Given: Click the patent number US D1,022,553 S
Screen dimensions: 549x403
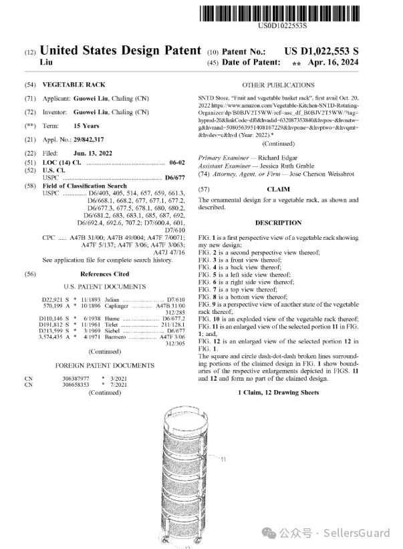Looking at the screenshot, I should click(x=321, y=51).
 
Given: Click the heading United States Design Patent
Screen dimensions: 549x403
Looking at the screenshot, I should click(x=120, y=51).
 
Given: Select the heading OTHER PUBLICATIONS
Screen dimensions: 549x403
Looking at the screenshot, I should click(x=278, y=85).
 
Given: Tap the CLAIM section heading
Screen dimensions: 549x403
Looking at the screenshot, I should click(x=278, y=189).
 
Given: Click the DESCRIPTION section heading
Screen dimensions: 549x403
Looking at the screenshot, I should click(x=278, y=222).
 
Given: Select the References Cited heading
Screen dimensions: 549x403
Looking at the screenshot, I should click(x=105, y=274).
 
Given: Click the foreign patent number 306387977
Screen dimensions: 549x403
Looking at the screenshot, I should click(x=76, y=378).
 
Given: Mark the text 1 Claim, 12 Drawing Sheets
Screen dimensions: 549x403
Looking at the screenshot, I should click(x=278, y=393).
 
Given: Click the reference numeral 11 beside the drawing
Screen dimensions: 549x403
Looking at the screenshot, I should click(x=223, y=459).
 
